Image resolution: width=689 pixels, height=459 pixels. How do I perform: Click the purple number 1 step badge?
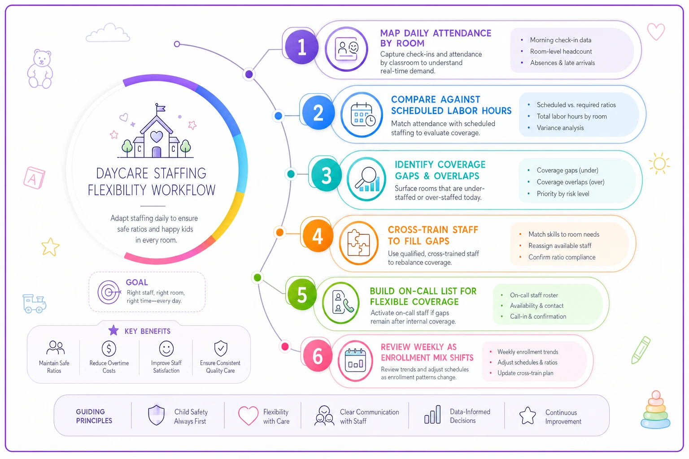[x=301, y=47]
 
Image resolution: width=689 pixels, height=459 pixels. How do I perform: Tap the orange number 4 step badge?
[x=318, y=236]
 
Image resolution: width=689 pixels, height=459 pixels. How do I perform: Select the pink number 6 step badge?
[x=318, y=356]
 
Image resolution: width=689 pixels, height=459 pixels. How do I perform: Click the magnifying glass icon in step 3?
[x=366, y=179]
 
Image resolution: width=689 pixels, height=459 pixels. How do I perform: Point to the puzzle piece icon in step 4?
[x=359, y=243]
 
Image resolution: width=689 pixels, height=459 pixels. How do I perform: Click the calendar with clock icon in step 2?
[x=362, y=115]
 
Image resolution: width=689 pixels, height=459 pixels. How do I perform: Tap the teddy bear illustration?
[x=40, y=69]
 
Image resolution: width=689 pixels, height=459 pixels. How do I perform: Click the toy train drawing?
[x=34, y=303]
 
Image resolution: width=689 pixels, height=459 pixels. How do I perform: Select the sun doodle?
[x=659, y=163]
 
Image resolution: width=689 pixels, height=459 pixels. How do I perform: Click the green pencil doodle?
[x=641, y=350]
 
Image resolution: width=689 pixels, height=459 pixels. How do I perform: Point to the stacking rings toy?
[x=655, y=410]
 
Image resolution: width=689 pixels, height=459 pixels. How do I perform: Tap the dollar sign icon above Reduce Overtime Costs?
[x=109, y=348]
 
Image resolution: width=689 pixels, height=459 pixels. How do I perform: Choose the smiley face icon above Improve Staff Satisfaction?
[x=166, y=348]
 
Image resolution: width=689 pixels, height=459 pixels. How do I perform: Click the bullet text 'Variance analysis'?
[x=560, y=128]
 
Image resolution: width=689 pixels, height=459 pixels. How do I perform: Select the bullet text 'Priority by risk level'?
[x=563, y=194]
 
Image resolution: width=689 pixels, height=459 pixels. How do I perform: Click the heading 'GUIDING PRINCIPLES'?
[x=94, y=416]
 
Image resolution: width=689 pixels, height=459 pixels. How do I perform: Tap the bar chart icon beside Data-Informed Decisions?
[x=432, y=415]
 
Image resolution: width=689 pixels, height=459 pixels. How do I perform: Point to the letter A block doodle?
[x=34, y=178]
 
